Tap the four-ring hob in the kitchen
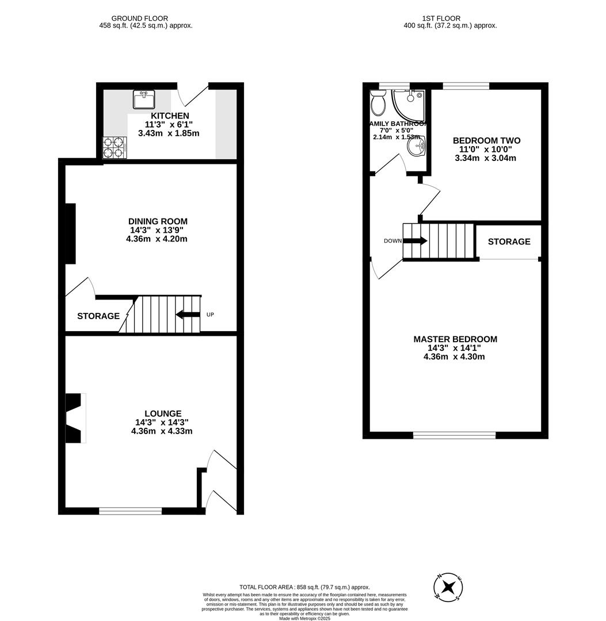coord(115,147)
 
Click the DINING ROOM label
coord(158,221)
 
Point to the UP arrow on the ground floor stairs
coord(188,315)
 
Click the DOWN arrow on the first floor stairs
coord(415,241)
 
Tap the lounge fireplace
coord(75,418)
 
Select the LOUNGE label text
coord(163,413)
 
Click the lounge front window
coord(130,511)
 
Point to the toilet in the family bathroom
coord(379,103)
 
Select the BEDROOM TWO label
coord(486,141)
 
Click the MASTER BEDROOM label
coord(455,339)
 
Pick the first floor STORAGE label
coord(509,241)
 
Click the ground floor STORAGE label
coord(98,316)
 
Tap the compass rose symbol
coord(449,587)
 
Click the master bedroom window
coord(455,435)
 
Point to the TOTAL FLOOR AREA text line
coord(304,587)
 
